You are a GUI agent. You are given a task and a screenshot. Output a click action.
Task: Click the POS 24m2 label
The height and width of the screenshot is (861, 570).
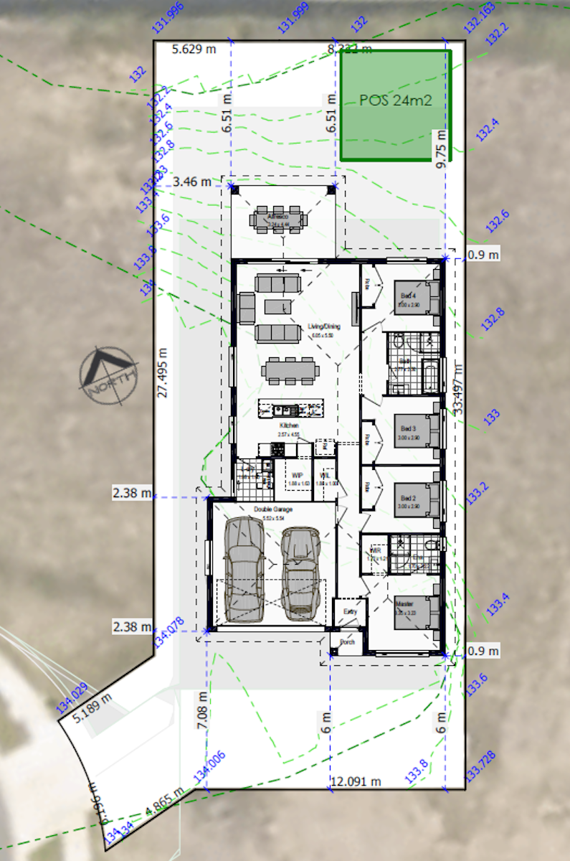coord(395,100)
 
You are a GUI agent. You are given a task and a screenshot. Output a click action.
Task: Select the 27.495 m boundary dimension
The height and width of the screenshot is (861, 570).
coord(164,369)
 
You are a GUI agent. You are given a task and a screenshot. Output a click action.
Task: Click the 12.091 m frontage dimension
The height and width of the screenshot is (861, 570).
coord(355,781)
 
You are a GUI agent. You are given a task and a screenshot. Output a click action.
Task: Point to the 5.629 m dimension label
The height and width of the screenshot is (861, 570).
coord(194,49)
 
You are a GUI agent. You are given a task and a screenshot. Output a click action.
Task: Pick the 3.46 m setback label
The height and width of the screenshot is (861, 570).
coord(191,182)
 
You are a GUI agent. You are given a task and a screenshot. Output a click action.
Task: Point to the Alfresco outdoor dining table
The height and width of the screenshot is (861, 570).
coord(277,220)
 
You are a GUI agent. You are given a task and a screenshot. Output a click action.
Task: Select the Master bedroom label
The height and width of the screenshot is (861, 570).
coord(406,605)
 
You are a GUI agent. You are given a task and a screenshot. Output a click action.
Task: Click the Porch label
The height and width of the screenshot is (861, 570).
coord(348,642)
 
